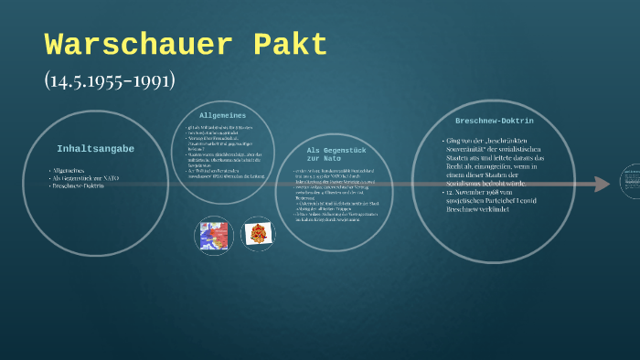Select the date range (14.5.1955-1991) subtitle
[x=110, y=79]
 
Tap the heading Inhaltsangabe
[x=95, y=148]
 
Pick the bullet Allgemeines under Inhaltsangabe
[x=69, y=171]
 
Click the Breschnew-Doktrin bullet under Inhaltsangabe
[x=79, y=185]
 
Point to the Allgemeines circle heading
[x=223, y=115]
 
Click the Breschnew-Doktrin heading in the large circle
[x=494, y=121]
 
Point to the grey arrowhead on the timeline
[x=601, y=184]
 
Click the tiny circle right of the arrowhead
[x=632, y=184]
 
